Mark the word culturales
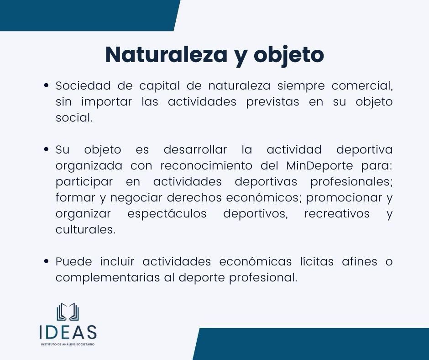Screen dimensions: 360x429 pos(85,229)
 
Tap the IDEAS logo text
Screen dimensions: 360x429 pos(68,332)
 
